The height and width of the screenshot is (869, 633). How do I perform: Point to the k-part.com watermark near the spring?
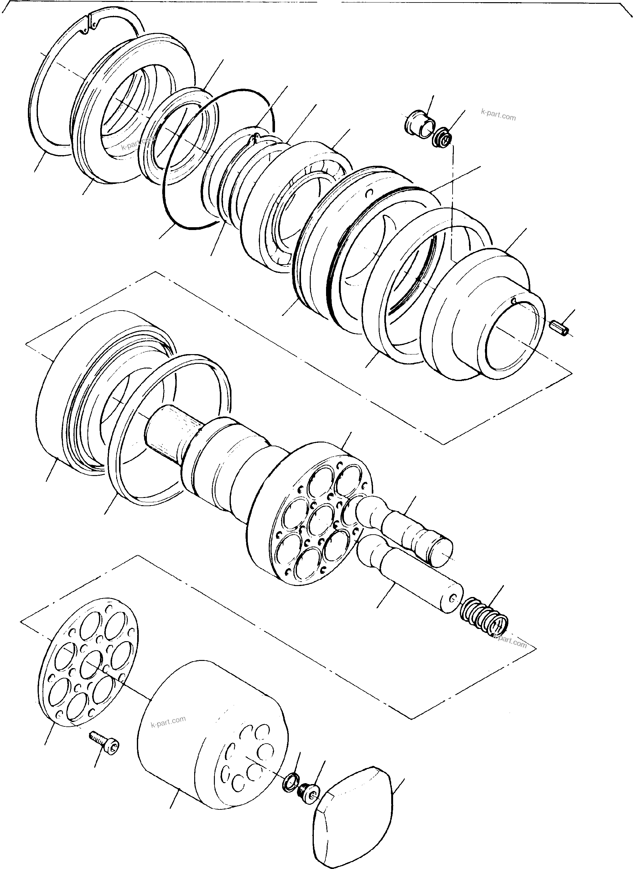click(x=510, y=642)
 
